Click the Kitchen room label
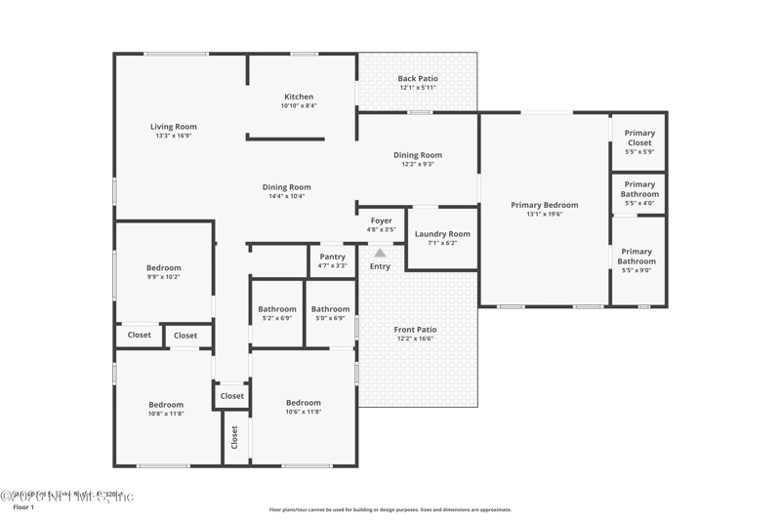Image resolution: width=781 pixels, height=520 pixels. (x=299, y=97)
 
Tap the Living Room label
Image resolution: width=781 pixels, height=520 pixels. (x=174, y=127)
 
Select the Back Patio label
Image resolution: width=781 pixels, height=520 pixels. (x=418, y=78)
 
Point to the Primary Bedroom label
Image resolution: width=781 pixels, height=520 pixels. (x=545, y=205)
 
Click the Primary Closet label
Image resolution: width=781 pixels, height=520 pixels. (x=639, y=138)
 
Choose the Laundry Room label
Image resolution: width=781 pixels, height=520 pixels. (x=442, y=234)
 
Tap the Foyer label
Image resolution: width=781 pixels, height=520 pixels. (x=380, y=220)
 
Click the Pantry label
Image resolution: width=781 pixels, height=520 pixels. (x=333, y=257)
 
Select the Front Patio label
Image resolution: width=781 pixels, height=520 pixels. (x=416, y=330)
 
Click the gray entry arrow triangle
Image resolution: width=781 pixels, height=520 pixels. (x=380, y=253)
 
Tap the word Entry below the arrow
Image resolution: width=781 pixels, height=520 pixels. (x=380, y=266)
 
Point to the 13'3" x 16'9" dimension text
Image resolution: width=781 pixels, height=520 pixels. (x=174, y=136)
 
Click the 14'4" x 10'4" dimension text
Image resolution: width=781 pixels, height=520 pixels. (x=287, y=196)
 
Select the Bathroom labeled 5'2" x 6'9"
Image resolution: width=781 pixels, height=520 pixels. (x=277, y=309)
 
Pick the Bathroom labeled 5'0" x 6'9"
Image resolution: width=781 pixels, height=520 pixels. (x=331, y=309)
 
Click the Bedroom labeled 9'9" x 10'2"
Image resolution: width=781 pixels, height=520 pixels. (x=164, y=268)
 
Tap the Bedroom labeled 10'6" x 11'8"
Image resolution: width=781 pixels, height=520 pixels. (x=304, y=403)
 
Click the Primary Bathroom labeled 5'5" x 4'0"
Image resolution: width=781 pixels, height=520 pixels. (x=639, y=189)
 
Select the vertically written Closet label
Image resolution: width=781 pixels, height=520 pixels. (x=234, y=438)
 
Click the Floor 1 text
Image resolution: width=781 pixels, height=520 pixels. (x=23, y=508)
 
